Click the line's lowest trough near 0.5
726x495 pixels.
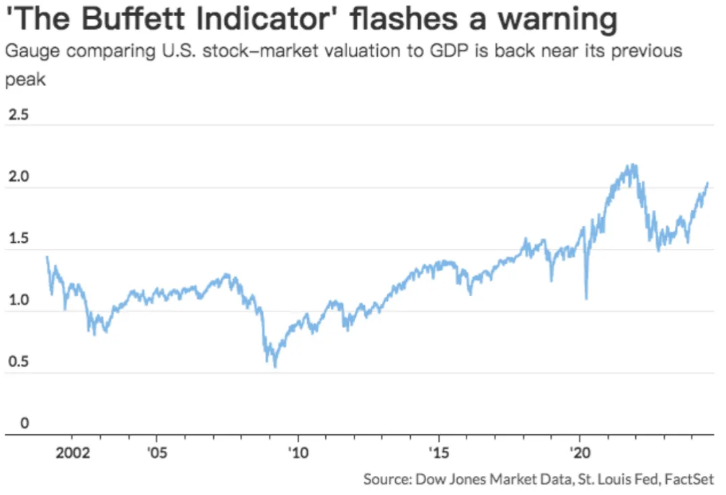[275, 367]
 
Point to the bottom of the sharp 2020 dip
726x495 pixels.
[587, 299]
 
